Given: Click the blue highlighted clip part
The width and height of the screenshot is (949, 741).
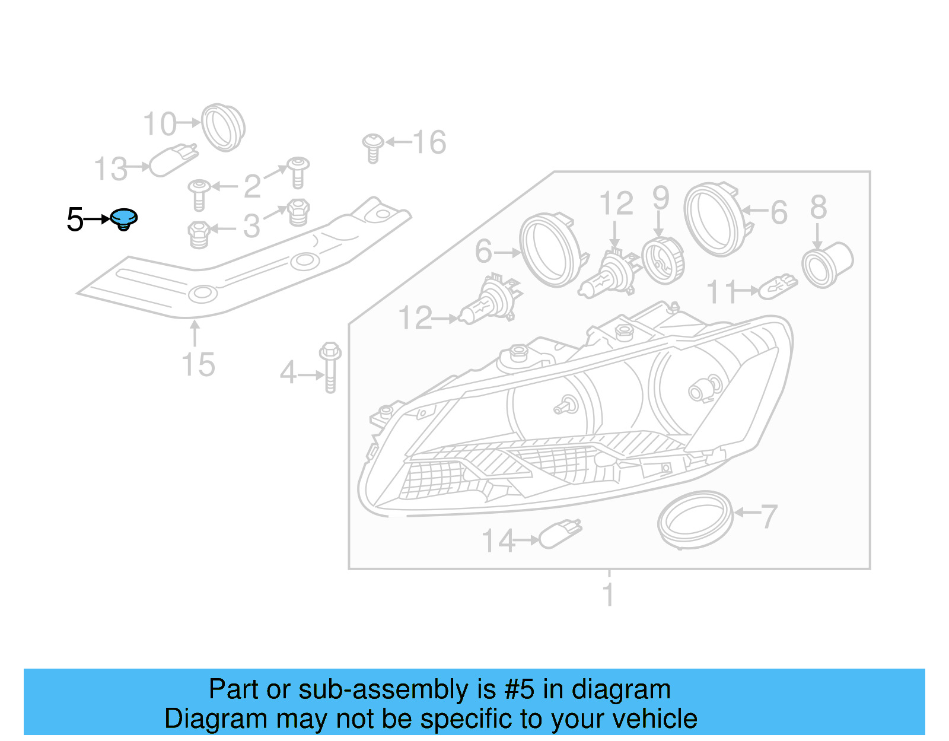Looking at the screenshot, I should pyautogui.click(x=124, y=219).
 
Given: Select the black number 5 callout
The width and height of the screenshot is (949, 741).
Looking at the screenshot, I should pyautogui.click(x=75, y=220).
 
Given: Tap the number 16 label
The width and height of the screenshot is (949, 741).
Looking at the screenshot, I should pyautogui.click(x=429, y=143).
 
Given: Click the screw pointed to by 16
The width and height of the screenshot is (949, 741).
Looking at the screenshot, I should pyautogui.click(x=372, y=148).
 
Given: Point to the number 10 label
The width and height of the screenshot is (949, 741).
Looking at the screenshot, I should pyautogui.click(x=160, y=124).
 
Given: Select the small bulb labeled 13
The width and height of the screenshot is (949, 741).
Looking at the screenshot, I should pyautogui.click(x=173, y=160).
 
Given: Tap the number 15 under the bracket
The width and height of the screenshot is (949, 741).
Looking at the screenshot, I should pyautogui.click(x=198, y=364).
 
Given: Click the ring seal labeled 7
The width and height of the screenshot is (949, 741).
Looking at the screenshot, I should pyautogui.click(x=695, y=519).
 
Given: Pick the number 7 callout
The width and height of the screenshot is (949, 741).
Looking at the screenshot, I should pyautogui.click(x=769, y=516).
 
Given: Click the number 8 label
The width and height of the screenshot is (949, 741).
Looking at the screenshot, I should pyautogui.click(x=819, y=207).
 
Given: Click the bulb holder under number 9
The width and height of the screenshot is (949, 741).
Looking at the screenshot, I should pyautogui.click(x=663, y=260).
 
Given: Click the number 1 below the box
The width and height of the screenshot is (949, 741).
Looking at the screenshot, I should pyautogui.click(x=608, y=594).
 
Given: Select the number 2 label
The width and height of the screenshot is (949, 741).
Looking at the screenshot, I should pyautogui.click(x=253, y=186).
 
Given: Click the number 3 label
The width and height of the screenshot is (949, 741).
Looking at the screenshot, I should pyautogui.click(x=252, y=227).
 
